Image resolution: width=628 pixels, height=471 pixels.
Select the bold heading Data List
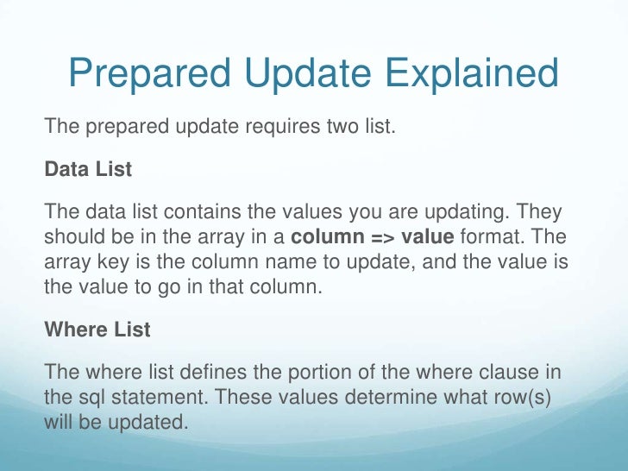tap(88, 169)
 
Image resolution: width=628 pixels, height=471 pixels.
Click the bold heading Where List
tap(97, 330)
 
